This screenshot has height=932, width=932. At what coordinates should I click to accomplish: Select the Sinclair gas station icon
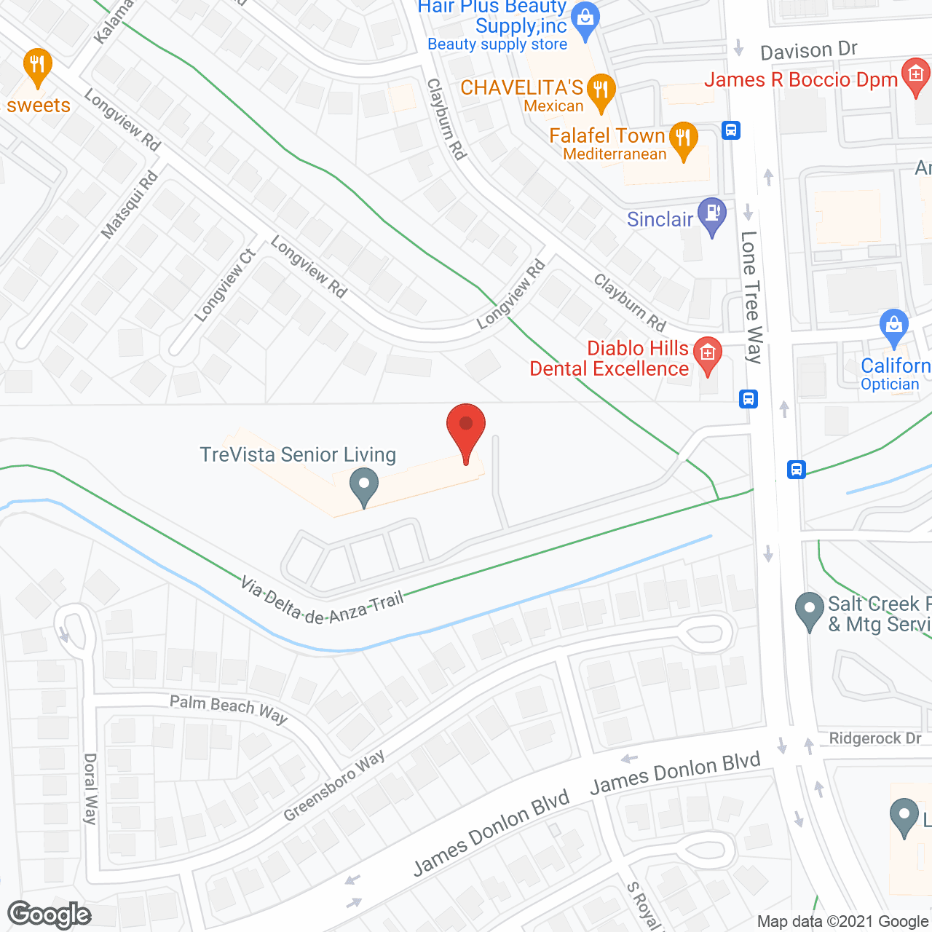click(x=711, y=214)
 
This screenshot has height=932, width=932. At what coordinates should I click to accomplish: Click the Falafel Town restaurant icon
click(x=683, y=138)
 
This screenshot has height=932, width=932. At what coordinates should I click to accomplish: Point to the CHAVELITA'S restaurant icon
click(x=601, y=91)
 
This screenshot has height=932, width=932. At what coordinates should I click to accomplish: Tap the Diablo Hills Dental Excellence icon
click(x=707, y=354)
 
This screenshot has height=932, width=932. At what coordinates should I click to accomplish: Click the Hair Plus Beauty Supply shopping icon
click(x=585, y=18)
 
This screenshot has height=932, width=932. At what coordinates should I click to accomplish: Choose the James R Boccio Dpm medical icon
click(x=915, y=74)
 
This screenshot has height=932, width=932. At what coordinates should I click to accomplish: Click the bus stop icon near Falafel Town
click(x=731, y=130)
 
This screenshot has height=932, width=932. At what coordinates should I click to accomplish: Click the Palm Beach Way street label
click(x=229, y=708)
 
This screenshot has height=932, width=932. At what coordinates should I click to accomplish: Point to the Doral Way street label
click(x=90, y=789)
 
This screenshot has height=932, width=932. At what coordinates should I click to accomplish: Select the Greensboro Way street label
click(x=334, y=786)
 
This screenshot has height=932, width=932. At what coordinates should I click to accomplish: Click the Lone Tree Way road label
click(x=751, y=297)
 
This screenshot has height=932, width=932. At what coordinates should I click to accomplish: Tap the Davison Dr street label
click(x=809, y=51)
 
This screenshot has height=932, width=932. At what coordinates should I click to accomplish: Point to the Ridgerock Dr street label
click(x=875, y=738)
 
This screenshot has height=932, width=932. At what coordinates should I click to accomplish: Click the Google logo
click(x=49, y=915)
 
